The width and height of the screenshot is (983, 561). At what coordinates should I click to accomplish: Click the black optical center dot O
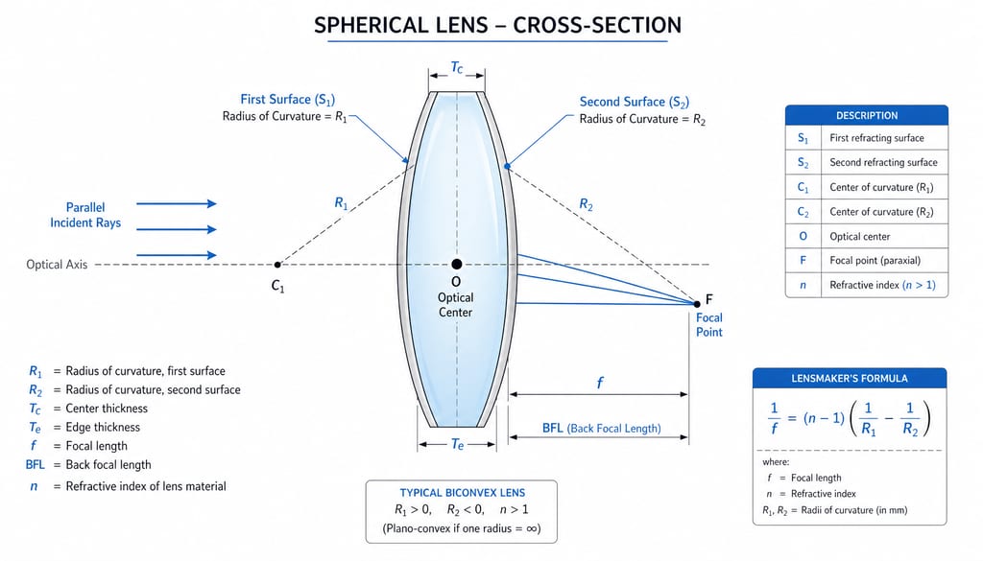[456, 265]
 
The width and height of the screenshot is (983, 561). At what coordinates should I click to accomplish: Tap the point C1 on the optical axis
[277, 265]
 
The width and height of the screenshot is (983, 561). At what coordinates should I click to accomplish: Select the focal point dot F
[697, 304]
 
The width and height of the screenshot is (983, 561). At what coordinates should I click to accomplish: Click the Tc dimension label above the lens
[457, 67]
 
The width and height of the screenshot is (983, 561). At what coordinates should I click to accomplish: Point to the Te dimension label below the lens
[458, 445]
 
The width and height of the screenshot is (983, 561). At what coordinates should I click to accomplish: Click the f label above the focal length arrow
[600, 383]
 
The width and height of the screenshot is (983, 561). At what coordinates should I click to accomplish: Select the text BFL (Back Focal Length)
[601, 429]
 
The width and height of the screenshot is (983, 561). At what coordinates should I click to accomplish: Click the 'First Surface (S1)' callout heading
[288, 100]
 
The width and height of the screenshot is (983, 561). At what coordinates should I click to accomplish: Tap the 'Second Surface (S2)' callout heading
[634, 102]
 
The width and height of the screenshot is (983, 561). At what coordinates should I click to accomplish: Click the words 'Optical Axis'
[57, 265]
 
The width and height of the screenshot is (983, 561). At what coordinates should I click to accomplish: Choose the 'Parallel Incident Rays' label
[85, 215]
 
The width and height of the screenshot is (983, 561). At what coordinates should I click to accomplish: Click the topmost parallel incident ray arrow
[177, 203]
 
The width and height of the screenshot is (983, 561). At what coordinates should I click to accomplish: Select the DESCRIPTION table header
[867, 115]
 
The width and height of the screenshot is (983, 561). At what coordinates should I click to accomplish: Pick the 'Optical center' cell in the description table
[859, 237]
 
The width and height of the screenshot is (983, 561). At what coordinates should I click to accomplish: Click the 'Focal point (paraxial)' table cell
[875, 261]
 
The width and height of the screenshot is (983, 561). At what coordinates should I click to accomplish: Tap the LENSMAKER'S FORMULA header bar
[850, 378]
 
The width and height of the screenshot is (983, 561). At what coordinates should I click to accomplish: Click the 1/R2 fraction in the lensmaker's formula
[910, 419]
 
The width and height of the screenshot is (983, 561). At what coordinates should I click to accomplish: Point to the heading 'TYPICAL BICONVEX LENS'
[463, 493]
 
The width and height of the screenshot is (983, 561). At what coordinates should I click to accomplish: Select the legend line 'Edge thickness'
[103, 427]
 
